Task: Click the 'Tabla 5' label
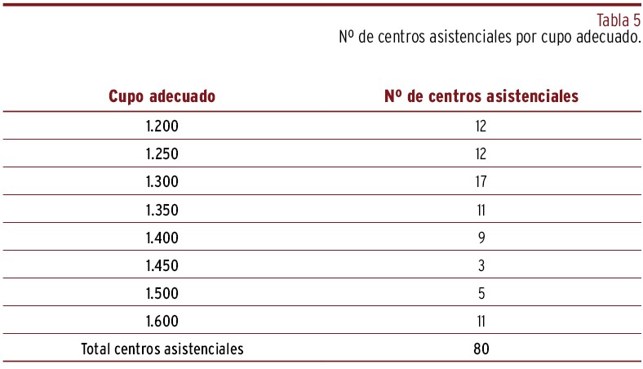(619, 21)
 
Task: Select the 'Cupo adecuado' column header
(162, 96)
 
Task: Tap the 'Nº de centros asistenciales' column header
(481, 96)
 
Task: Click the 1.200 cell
(162, 126)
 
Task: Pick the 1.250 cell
(162, 153)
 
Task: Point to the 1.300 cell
(162, 181)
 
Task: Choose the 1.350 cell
(162, 210)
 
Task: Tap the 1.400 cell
(162, 238)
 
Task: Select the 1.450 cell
(162, 265)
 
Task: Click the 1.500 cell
(162, 293)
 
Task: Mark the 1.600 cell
(162, 321)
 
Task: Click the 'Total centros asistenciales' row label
(162, 349)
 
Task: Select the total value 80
(481, 349)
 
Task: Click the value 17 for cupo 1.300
(481, 181)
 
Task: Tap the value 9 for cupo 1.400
(481, 238)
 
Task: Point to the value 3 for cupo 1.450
(481, 265)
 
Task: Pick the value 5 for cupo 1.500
(481, 293)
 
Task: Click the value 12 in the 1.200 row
(481, 126)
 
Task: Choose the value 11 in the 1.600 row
(481, 321)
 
